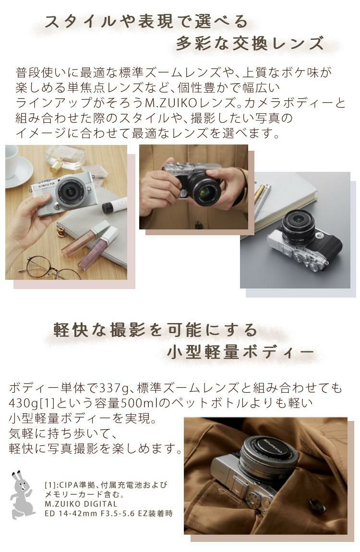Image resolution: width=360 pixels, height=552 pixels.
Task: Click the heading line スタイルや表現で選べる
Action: click(x=146, y=22)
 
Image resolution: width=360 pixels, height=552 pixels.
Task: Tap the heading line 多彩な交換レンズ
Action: click(x=250, y=44)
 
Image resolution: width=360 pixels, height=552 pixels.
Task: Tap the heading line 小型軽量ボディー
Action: click(x=240, y=353)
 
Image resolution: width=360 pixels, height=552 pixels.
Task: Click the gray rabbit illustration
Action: click(x=22, y=494)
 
